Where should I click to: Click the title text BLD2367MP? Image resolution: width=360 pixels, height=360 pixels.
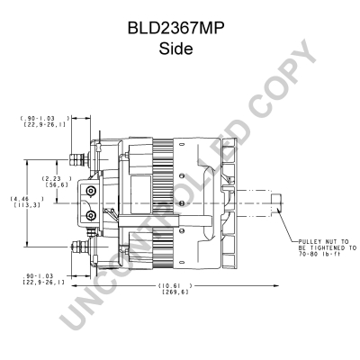pos(176,29)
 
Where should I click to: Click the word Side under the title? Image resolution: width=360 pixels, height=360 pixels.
pos(175,49)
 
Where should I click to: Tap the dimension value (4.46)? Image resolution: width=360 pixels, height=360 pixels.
pos(27,199)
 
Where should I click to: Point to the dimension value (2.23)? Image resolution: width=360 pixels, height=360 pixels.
pos(57,178)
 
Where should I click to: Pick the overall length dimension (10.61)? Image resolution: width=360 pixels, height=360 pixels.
pos(175,285)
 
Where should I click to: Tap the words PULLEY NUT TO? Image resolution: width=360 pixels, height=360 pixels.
pos(323,241)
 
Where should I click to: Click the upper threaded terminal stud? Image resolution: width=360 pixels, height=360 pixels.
pos(78,159)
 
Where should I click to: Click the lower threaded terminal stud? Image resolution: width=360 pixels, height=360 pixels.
pos(80,247)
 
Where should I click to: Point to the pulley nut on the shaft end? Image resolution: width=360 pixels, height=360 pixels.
pos(276,203)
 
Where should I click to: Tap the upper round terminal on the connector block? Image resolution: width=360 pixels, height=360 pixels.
pos(90,191)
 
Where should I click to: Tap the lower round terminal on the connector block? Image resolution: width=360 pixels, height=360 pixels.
pos(90,215)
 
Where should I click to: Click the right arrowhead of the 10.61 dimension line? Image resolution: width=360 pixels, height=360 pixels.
pos(276,286)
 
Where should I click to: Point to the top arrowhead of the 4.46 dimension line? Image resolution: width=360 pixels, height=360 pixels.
pos(27,162)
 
